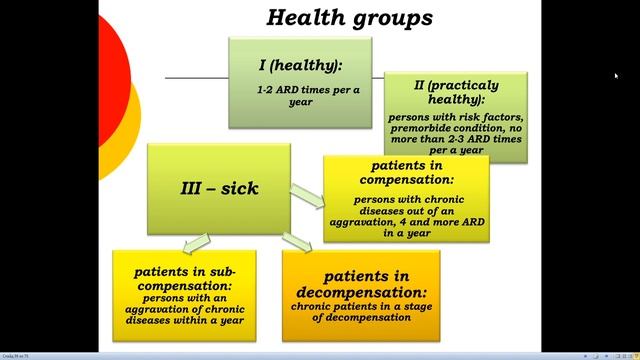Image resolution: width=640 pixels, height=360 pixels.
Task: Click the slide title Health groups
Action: (x=349, y=17)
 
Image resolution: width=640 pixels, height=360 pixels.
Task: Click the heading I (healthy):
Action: (x=300, y=65)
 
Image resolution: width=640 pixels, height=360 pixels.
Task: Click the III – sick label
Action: (x=219, y=186)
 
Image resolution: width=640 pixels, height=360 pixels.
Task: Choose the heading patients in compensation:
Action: (x=405, y=172)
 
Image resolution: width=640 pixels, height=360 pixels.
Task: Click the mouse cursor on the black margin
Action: (x=616, y=76)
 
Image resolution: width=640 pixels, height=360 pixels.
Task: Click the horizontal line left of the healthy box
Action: (x=196, y=77)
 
